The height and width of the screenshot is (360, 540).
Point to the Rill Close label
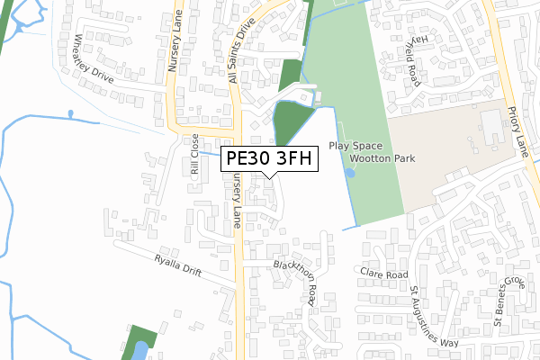193,159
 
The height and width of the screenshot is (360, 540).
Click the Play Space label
356,146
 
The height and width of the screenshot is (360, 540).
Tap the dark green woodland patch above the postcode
290,123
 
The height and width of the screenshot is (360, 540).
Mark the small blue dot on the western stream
69,113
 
